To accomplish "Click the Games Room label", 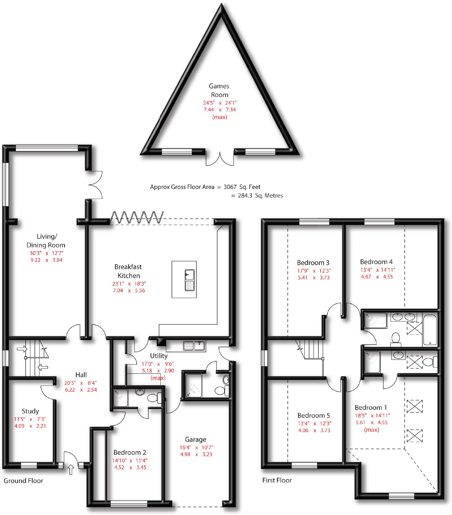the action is tap(219, 90).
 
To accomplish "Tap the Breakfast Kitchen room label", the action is tap(128, 271).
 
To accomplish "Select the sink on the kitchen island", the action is tap(189, 280).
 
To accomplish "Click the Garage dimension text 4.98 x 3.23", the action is tap(196, 454).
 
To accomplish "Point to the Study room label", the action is tap(30, 411).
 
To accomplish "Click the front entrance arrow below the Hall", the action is tap(71, 470).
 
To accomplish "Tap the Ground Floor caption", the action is tap(23, 481).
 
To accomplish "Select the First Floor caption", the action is tap(277, 480).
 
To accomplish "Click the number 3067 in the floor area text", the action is tap(230, 187).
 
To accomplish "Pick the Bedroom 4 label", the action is tap(376, 262).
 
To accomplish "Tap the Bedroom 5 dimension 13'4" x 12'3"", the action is tap(314, 423).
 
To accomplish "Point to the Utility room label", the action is tap(159, 356).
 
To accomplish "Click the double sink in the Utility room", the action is tap(194, 346).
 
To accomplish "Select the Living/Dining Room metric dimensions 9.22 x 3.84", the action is tap(46, 260).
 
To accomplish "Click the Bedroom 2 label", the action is tap(130, 452).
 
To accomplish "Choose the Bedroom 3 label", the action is tap(313, 262).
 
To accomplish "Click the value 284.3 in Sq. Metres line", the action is tap(245, 196).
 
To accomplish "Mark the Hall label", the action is tap(81, 375).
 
